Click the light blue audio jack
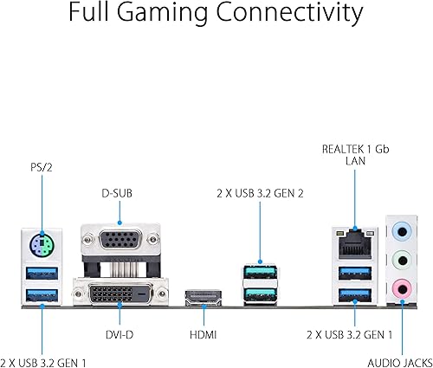pos(400,232)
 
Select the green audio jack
pos(400,259)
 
